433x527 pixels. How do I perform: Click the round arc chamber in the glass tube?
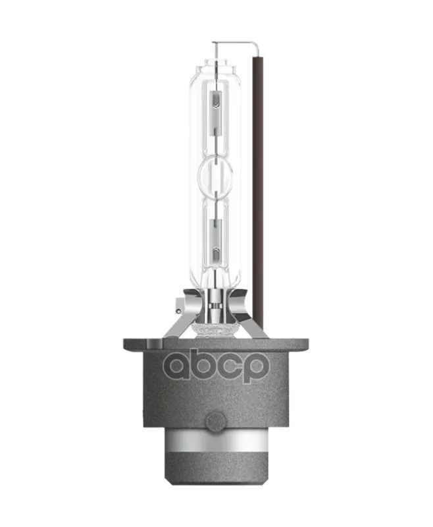(x=216, y=175)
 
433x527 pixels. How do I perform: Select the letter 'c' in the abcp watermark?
(x=229, y=367)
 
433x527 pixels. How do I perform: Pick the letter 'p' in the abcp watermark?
(x=255, y=369)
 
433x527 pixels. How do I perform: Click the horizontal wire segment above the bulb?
(x=234, y=43)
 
